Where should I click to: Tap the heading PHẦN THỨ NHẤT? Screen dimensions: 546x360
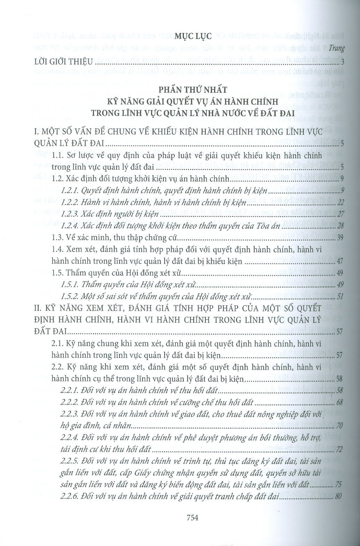(192, 90)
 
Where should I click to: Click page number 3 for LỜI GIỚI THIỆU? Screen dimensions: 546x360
(342, 63)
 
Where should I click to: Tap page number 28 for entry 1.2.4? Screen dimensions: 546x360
(341, 227)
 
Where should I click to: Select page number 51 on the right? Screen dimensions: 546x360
(341, 297)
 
